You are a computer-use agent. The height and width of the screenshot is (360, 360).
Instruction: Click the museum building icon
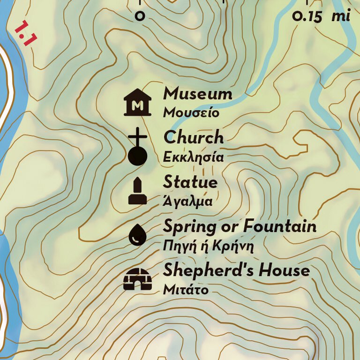tap(137, 102)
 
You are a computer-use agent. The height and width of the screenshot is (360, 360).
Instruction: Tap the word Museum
tap(197, 94)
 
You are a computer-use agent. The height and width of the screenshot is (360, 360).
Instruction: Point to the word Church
tap(194, 137)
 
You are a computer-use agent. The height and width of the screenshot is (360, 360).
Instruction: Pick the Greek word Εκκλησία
tap(193, 157)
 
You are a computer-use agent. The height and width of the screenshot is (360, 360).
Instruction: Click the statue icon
tap(138, 192)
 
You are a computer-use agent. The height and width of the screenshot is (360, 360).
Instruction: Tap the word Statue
tap(190, 182)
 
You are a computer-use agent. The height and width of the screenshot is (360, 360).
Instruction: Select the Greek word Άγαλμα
tap(187, 202)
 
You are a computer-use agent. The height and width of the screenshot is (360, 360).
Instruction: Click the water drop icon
tap(137, 234)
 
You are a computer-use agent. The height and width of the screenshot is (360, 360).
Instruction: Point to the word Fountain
tap(279, 226)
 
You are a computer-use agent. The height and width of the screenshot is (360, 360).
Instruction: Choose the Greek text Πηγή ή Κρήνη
tap(208, 246)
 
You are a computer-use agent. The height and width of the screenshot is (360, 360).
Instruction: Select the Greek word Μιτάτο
tap(185, 290)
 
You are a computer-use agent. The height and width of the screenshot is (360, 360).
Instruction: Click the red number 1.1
tap(25, 33)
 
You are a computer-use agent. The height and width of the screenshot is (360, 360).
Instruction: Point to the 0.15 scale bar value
tap(307, 17)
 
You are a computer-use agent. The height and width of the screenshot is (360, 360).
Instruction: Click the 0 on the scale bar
tap(140, 17)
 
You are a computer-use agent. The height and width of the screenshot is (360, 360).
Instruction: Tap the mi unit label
tap(341, 16)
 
